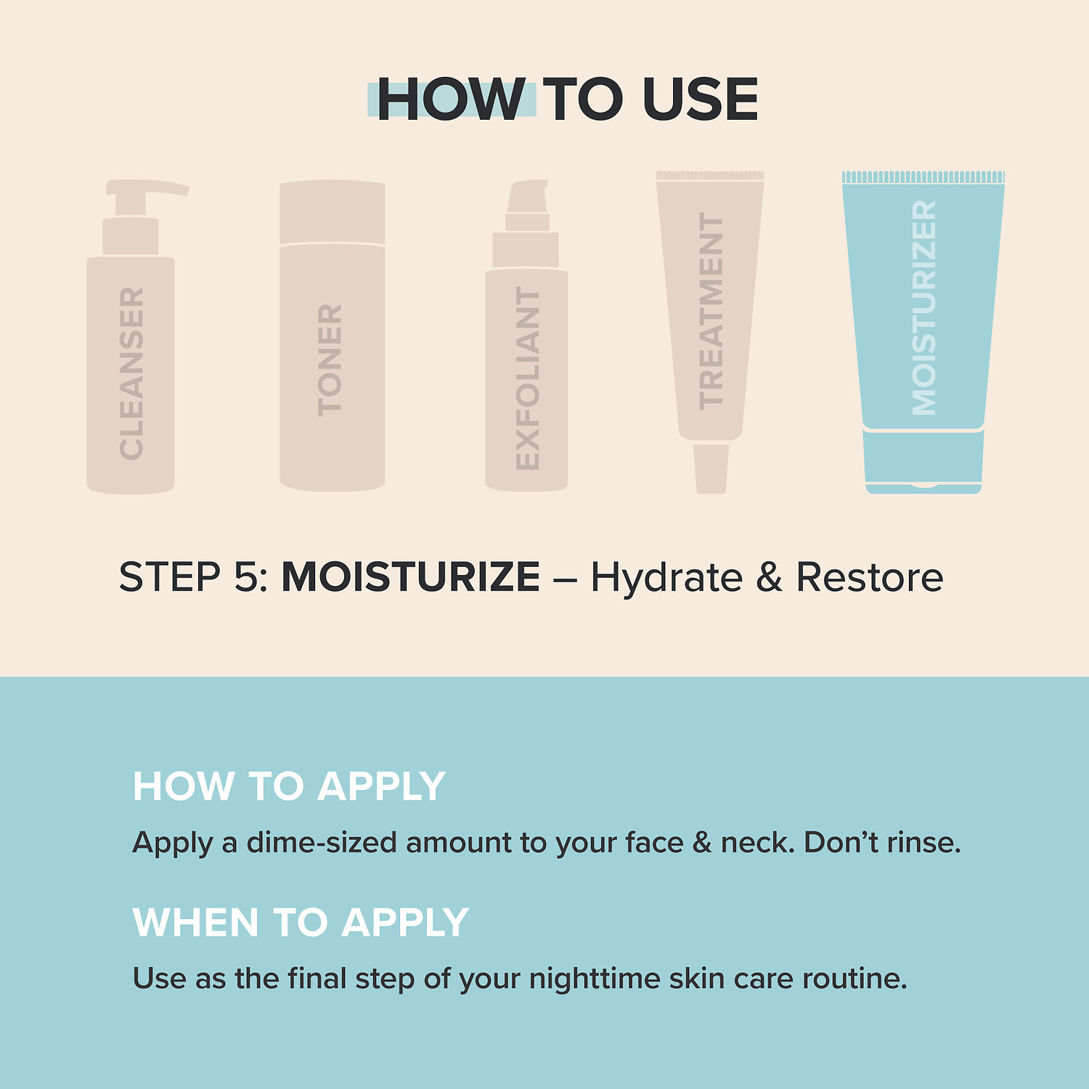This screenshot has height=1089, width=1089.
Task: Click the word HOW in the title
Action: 450,99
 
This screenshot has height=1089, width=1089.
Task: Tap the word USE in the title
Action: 700,99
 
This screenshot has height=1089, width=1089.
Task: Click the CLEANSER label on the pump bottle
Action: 131,373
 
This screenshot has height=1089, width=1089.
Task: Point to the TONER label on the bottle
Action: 330,360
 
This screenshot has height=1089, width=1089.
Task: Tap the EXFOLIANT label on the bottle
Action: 528,378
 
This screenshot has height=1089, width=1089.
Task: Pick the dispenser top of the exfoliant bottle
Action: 528,197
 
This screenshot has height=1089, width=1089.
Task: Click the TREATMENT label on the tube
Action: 711,311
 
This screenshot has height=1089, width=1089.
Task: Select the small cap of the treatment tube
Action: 711,468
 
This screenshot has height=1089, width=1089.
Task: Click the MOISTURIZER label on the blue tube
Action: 923,308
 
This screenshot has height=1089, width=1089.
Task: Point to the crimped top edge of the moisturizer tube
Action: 923,177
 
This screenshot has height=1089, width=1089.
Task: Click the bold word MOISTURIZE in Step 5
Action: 410,577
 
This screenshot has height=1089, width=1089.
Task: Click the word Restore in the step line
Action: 870,577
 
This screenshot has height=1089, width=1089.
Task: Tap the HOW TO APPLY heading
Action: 289,786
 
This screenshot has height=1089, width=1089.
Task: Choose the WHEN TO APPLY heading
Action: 301,923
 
